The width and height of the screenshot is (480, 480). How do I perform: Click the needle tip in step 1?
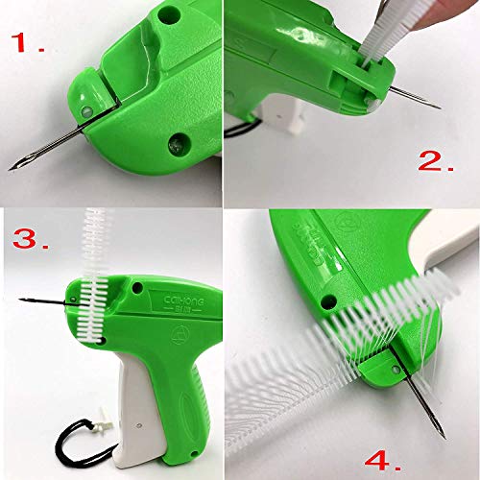tap(12, 169)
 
